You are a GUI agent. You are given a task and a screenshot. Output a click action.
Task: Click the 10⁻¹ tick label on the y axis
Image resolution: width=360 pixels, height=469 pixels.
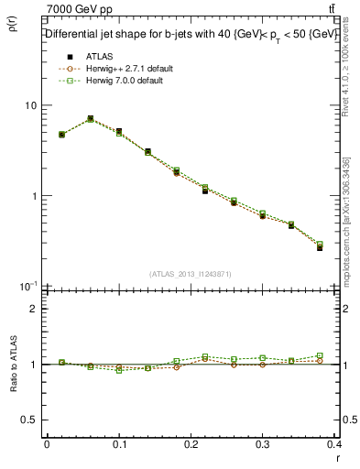(x=28, y=286)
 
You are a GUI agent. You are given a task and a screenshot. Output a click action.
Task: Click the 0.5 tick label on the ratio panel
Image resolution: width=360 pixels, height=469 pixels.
(x=30, y=420)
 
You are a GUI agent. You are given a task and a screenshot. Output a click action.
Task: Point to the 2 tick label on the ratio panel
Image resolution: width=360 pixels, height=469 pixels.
(x=35, y=309)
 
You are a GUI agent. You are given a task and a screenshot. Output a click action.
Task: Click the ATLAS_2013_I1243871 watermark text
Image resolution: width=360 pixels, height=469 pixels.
(x=191, y=275)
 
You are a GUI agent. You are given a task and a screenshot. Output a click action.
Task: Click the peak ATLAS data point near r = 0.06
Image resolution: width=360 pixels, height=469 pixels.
(x=90, y=119)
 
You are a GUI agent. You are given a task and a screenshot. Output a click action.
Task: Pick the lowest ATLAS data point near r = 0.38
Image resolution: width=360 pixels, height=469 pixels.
(x=320, y=247)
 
